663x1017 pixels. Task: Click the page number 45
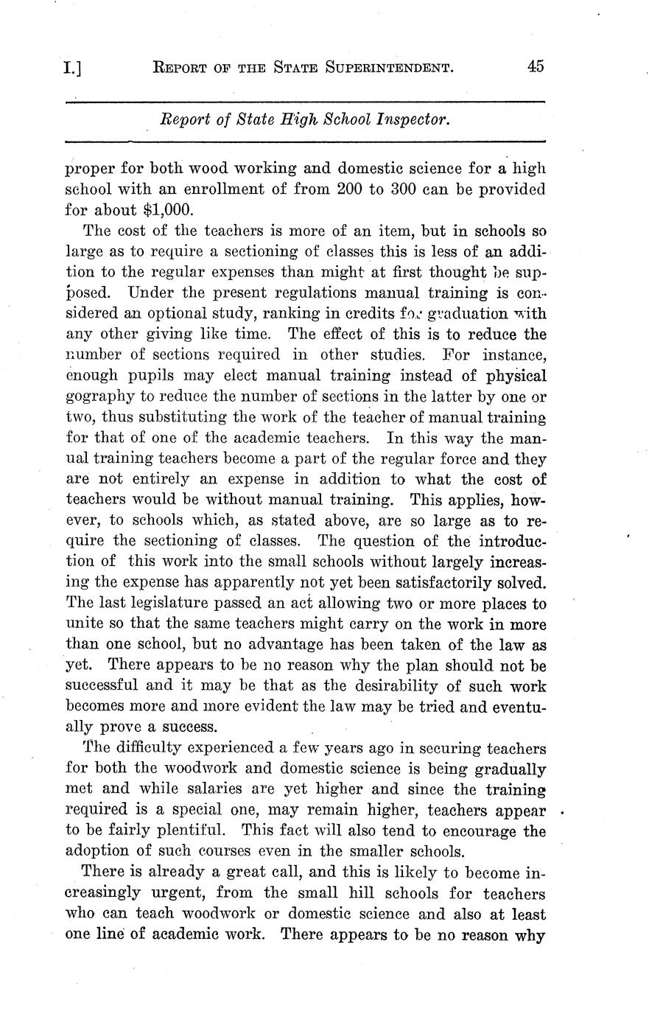click(535, 66)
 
